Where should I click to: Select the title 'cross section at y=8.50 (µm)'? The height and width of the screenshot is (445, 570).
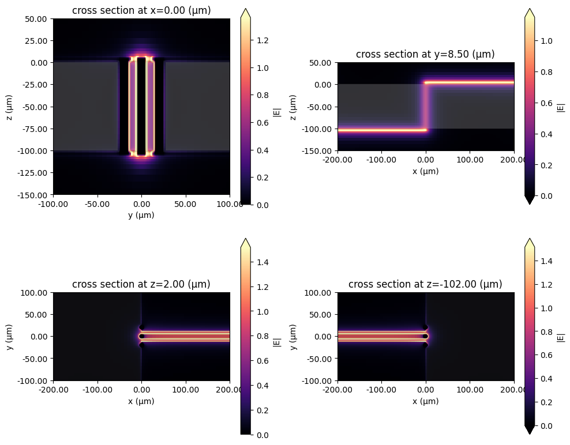point(425,54)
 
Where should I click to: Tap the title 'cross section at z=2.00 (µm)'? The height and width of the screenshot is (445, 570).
point(141,284)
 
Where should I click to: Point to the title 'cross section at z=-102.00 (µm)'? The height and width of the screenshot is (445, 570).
point(425,284)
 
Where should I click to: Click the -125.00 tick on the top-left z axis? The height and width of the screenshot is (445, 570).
point(35,172)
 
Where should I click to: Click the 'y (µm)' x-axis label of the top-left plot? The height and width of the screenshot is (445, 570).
point(141,215)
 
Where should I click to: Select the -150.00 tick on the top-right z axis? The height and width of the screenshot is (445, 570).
point(320,151)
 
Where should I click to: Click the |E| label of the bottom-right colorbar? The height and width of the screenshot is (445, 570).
point(561,337)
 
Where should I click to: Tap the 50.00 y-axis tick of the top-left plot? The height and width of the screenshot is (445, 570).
point(39,18)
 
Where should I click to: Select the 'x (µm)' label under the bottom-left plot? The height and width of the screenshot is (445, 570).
point(141,401)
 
